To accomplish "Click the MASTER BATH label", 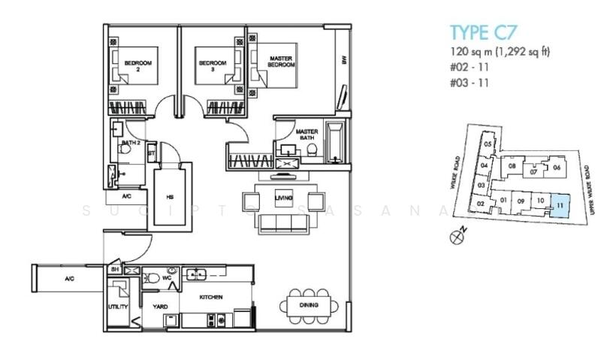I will (307, 134).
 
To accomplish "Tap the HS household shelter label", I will (170, 197).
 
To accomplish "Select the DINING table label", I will (308, 305).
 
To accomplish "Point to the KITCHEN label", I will (211, 298).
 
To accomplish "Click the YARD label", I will (160, 307).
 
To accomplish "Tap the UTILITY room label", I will (118, 307).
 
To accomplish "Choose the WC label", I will (167, 277).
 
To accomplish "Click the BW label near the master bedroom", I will (344, 62).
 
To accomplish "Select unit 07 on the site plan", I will (533, 172).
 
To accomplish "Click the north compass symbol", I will (455, 237).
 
